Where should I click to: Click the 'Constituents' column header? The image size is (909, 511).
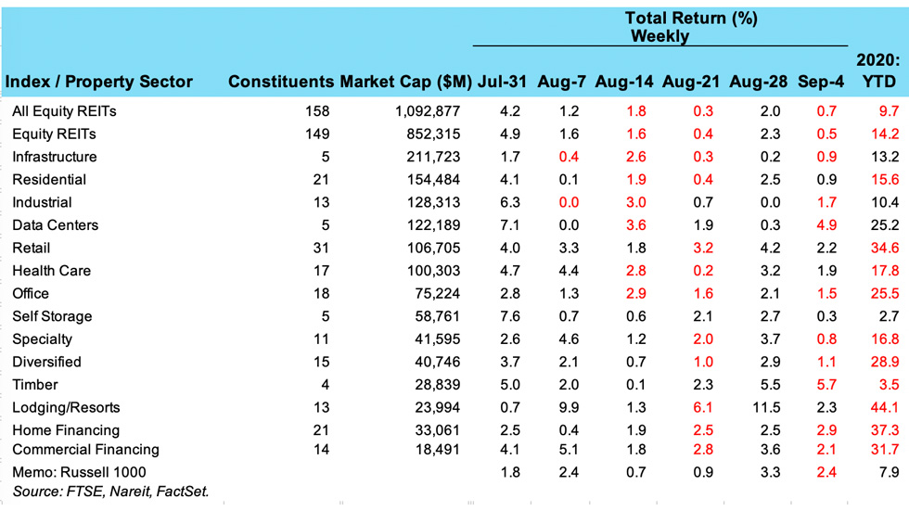point(281,83)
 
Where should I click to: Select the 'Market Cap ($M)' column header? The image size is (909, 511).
point(406,83)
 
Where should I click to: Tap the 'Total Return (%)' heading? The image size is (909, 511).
point(691,19)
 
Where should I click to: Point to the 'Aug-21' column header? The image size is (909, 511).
point(691,83)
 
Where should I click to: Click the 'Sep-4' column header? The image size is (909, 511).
point(820,83)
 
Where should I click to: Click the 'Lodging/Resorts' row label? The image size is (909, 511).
point(66,407)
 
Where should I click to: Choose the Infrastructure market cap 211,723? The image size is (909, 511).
point(429,157)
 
